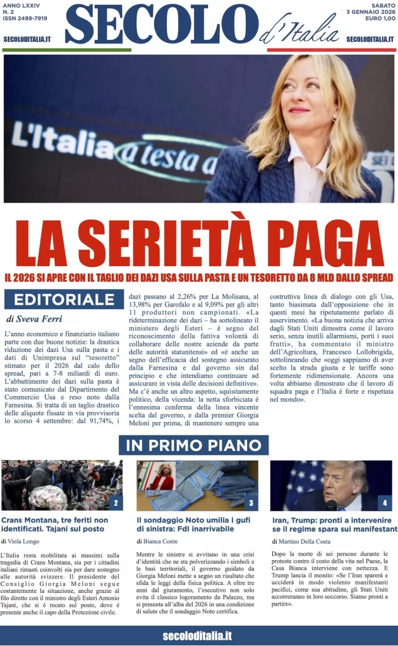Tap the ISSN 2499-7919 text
pos(25,19)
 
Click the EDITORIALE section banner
pos(64,299)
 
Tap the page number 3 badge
pos(251,503)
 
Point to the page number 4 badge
pos(385,503)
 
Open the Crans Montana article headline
pos(55,524)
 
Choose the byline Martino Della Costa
pos(302,541)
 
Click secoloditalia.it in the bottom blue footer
pos(197,635)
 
